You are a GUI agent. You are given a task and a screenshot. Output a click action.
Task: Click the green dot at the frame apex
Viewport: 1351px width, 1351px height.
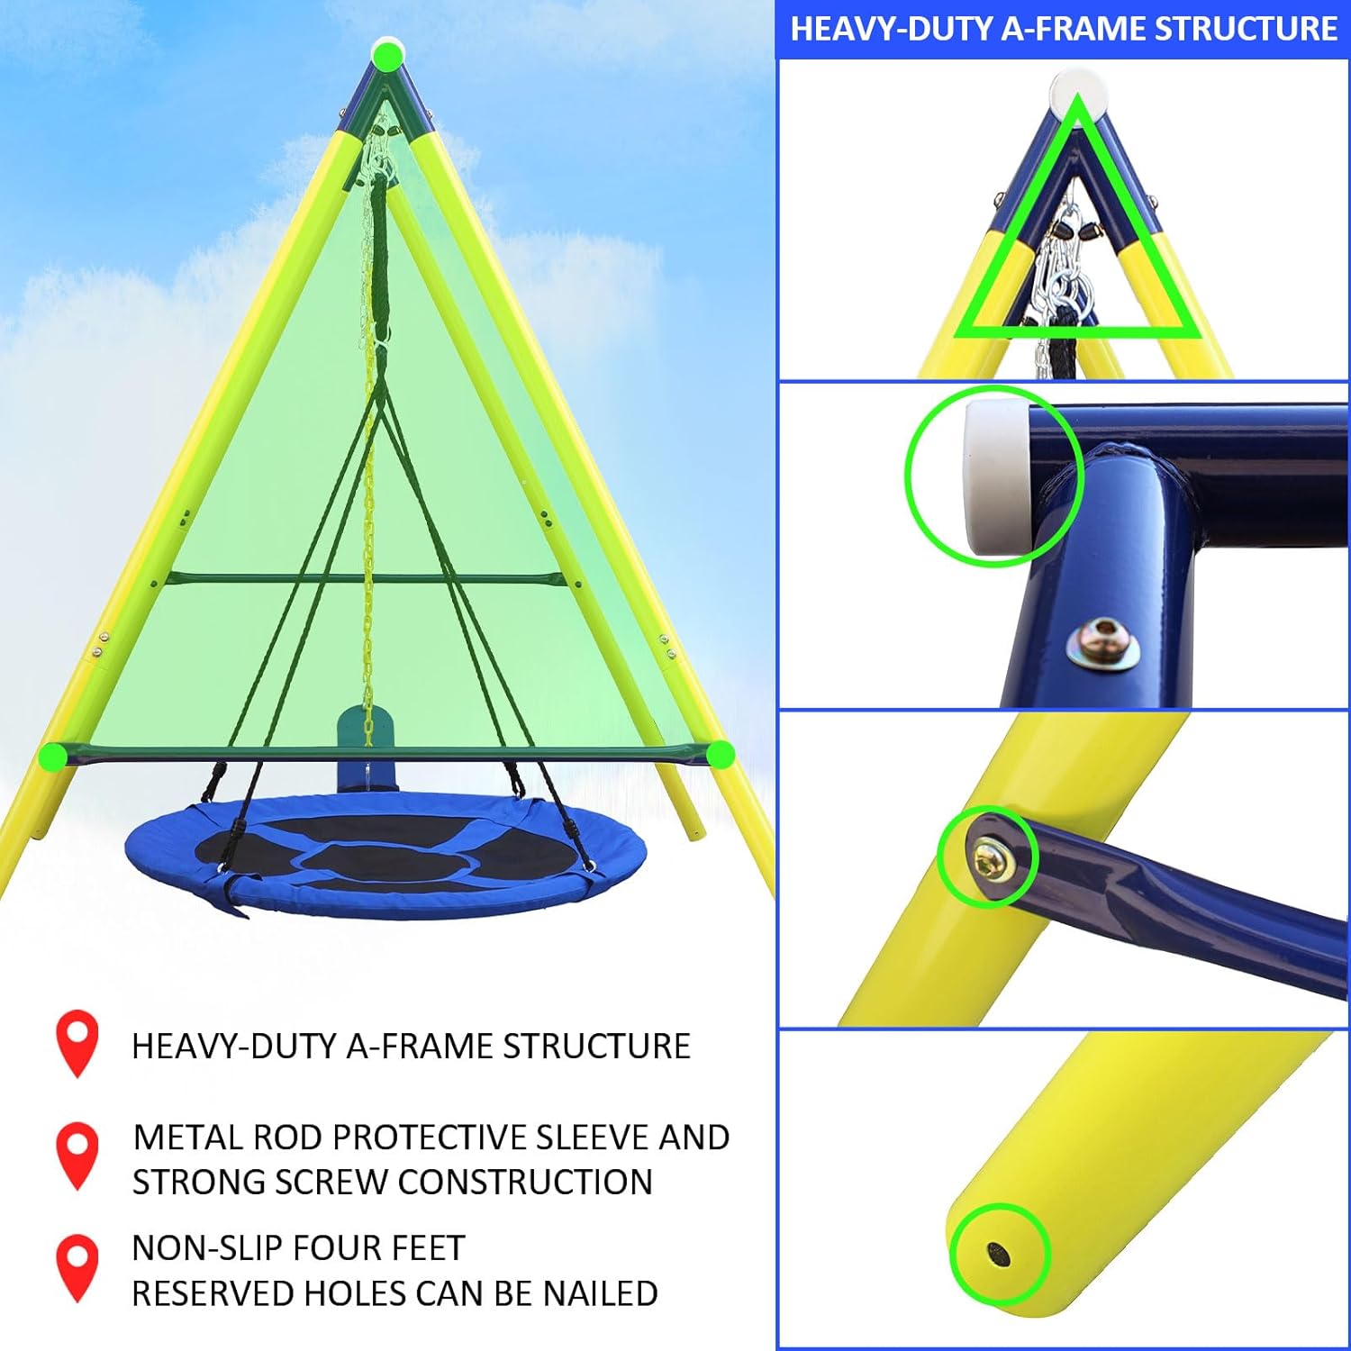tap(388, 56)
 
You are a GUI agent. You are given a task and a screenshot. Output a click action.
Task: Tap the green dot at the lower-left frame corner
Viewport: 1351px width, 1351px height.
tap(53, 756)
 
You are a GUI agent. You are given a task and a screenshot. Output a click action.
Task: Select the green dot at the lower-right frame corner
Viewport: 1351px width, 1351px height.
tap(720, 754)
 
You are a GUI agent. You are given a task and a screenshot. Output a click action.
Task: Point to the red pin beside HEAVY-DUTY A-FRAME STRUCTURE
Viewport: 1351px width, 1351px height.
tap(77, 1042)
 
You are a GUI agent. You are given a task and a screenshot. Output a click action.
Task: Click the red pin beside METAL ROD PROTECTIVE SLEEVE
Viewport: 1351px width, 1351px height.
tap(77, 1154)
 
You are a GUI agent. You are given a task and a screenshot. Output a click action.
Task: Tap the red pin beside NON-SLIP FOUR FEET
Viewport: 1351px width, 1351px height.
tap(77, 1266)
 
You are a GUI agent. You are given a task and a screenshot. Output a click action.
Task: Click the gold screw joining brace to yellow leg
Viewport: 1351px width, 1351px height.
tap(993, 858)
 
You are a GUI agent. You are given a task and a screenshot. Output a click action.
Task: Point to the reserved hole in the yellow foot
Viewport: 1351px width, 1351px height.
tap(998, 1253)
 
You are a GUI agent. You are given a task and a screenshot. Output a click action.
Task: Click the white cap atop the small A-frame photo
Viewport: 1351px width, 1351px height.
tap(1079, 89)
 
